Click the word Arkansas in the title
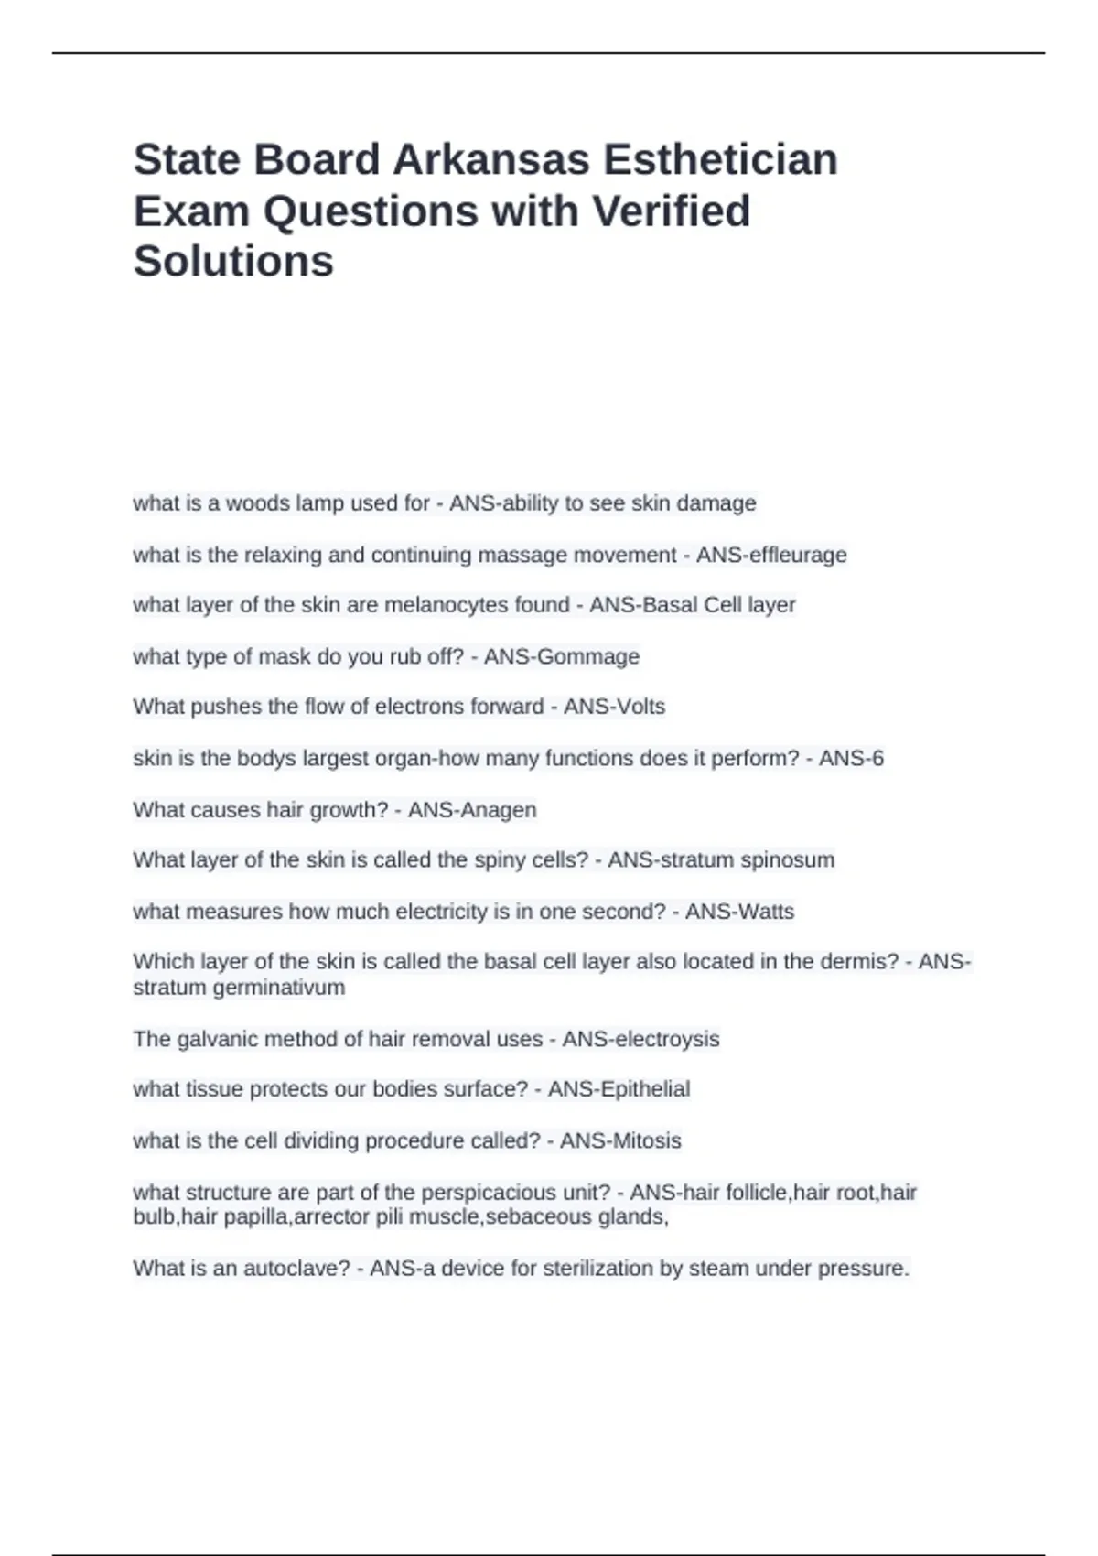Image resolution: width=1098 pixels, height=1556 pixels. tap(490, 159)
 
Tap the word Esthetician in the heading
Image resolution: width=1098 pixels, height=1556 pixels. tap(719, 159)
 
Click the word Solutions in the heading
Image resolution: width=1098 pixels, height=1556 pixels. tap(233, 261)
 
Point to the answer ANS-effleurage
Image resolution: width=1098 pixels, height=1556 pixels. tap(771, 555)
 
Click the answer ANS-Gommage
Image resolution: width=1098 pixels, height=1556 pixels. tap(561, 656)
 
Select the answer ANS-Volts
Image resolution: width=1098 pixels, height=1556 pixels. tap(614, 707)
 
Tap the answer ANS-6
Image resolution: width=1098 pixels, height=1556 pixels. tap(851, 758)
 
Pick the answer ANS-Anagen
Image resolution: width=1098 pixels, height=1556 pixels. tap(472, 810)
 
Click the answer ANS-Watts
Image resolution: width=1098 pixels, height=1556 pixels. tap(739, 912)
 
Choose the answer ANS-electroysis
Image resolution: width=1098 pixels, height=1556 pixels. tap(640, 1039)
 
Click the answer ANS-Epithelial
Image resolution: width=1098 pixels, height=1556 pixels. tap(619, 1089)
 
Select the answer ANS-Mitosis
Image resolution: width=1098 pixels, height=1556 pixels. tap(620, 1140)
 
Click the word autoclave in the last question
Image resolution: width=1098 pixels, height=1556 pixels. tap(296, 1269)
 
